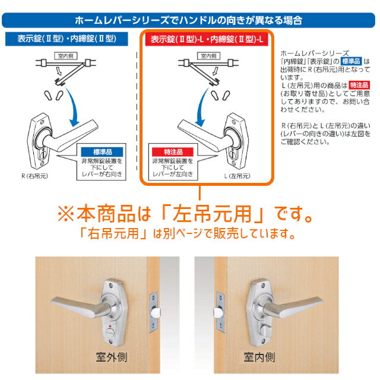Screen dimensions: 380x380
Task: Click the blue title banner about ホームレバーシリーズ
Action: click(189, 20)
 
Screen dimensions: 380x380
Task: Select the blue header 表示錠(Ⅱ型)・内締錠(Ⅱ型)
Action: click(66, 39)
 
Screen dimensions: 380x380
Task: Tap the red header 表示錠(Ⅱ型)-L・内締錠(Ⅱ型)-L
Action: click(207, 39)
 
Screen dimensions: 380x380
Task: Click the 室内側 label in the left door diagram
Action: click(66, 56)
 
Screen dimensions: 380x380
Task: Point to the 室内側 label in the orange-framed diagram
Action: click(208, 56)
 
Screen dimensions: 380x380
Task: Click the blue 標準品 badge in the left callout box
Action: click(102, 152)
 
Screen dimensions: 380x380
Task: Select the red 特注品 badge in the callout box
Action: click(173, 152)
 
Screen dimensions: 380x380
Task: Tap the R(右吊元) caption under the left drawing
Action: click(34, 176)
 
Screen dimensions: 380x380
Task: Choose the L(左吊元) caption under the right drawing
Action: click(237, 176)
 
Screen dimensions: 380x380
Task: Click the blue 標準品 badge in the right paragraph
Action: click(351, 61)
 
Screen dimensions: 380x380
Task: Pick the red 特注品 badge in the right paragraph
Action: click(359, 85)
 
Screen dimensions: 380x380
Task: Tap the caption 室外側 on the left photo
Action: click(112, 357)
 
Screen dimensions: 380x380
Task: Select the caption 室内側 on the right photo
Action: click(259, 357)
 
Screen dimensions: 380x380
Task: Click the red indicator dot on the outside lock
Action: click(110, 325)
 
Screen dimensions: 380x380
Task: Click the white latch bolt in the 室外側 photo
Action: click(155, 313)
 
